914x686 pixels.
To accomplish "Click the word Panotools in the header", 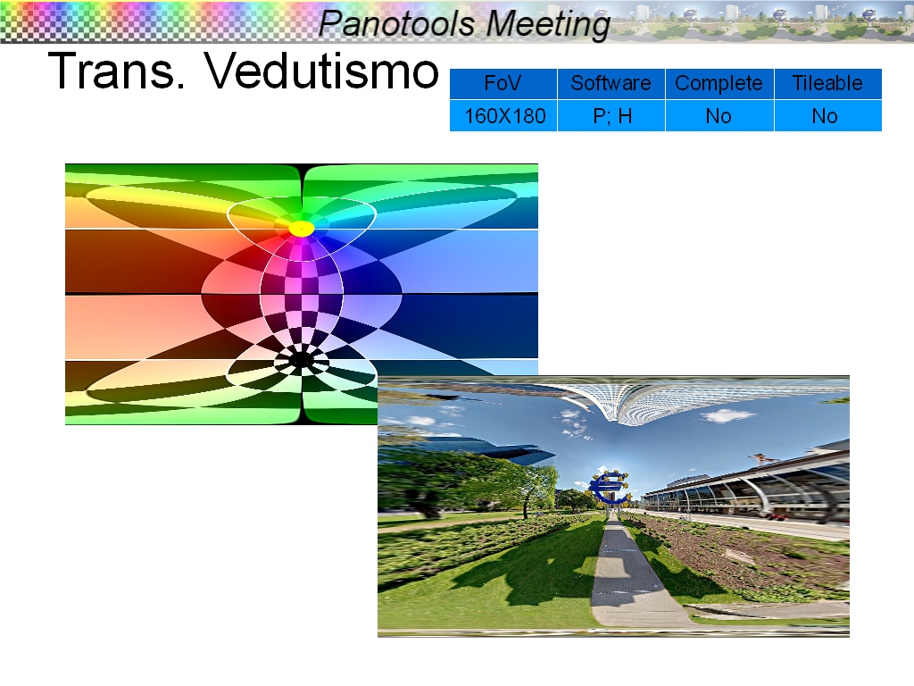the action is (396, 24).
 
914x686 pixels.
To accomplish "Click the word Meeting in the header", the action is (548, 25).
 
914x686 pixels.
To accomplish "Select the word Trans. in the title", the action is (116, 71).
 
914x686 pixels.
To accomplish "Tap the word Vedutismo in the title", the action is (321, 71).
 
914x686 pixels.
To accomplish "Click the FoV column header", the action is (503, 83).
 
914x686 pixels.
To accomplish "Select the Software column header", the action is (611, 83).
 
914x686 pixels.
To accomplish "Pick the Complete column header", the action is (719, 83).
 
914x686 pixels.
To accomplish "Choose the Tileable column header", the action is (827, 83).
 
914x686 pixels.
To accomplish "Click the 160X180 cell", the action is (503, 116).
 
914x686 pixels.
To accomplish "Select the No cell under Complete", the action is (719, 116).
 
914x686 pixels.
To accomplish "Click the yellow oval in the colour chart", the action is (302, 229).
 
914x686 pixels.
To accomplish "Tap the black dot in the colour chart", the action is (301, 361).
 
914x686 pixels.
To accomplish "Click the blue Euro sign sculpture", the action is (609, 487).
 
